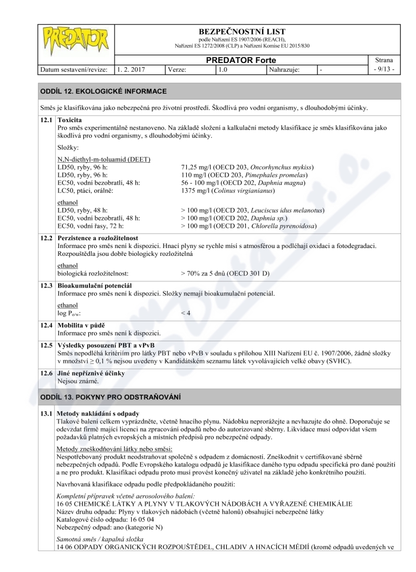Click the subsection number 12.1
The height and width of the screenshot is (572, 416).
[47, 120]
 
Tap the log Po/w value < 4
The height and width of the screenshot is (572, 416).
[186, 313]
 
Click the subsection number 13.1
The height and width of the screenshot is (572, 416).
[47, 413]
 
